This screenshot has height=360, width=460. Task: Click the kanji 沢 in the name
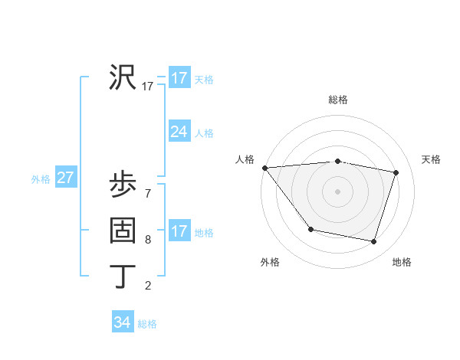click(123, 77)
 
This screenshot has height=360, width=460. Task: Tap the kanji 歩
click(123, 185)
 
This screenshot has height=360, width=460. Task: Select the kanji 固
click(123, 231)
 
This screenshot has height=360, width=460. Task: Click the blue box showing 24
click(179, 132)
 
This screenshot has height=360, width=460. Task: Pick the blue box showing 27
click(65, 178)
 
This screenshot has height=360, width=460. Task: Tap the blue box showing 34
click(123, 322)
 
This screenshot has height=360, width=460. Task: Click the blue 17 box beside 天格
click(179, 78)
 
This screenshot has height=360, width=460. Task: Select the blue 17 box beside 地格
click(179, 231)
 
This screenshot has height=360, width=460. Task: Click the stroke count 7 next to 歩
click(148, 194)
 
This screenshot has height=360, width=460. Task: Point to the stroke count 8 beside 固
click(148, 240)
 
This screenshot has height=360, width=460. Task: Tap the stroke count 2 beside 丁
click(148, 286)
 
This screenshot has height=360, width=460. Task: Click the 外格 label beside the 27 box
click(41, 179)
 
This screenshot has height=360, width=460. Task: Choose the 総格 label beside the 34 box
click(147, 324)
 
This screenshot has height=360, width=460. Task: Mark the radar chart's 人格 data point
click(264, 168)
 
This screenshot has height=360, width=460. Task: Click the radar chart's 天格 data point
click(396, 172)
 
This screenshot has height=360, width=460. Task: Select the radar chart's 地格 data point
click(373, 242)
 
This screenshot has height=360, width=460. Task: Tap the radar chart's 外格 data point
click(310, 229)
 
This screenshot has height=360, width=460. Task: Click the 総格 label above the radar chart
click(337, 100)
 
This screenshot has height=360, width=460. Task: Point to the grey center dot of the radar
click(337, 191)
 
